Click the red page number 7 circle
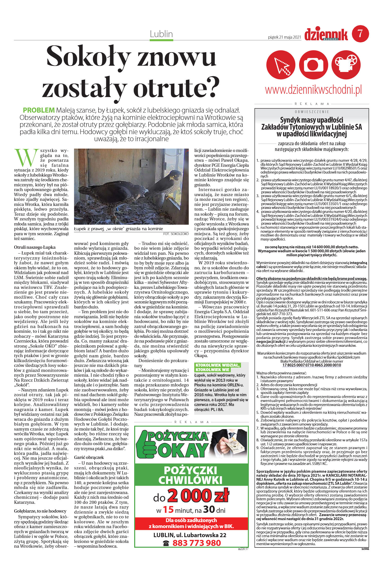360,34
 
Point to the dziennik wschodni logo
326,34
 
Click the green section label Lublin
161,34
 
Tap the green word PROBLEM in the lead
39,110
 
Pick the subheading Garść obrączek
89,457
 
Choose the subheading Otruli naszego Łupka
35,247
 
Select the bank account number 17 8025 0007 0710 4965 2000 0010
312,365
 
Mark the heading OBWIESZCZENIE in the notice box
312,112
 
